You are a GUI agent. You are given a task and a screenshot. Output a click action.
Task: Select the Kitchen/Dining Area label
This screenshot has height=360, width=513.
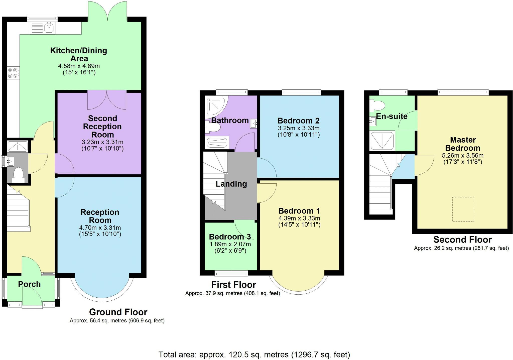point(79,54)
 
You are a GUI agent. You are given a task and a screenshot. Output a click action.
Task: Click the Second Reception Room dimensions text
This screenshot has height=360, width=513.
point(102,145)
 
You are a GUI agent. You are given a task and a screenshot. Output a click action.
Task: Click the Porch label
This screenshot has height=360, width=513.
point(29,284)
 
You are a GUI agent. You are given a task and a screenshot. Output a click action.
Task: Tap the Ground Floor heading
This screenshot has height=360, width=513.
point(118,312)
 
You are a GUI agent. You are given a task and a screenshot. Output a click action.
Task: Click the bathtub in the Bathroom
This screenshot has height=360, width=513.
point(217,143)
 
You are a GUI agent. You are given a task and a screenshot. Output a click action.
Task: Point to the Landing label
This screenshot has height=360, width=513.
point(231,184)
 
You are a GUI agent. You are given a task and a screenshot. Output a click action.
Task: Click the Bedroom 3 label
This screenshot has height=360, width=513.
point(230,236)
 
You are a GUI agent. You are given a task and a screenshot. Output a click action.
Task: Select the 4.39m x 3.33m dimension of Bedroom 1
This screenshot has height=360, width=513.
point(299,218)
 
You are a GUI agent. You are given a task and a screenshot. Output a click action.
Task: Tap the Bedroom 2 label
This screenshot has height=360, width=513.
point(298,121)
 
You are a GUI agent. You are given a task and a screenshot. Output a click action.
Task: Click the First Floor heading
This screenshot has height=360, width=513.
point(233,285)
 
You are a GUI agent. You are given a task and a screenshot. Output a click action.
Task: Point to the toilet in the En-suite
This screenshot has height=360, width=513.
point(378,105)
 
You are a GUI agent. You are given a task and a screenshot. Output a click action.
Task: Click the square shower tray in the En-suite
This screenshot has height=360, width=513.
point(382,141)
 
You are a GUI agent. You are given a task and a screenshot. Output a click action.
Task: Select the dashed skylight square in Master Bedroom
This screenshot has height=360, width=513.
point(463,209)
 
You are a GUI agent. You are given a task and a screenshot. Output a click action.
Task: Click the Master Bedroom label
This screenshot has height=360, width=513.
point(463,144)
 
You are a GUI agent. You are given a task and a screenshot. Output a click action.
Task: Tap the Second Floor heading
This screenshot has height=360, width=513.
point(462,239)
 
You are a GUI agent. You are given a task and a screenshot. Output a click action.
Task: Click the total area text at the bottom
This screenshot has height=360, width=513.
point(254,354)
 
